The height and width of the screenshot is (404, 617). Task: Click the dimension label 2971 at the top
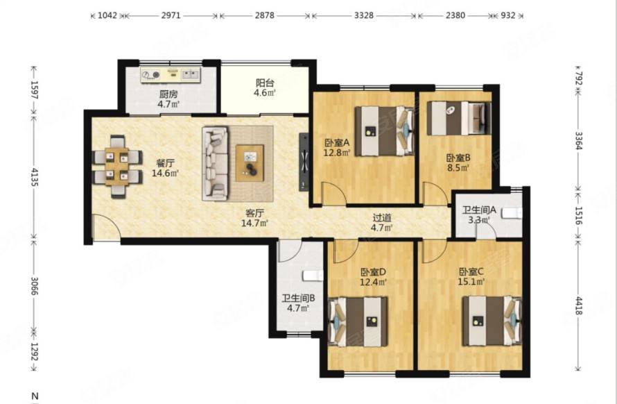(x=171, y=15)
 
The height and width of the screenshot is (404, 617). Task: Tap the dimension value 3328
(x=363, y=15)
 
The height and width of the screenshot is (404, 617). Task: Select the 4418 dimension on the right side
(x=578, y=305)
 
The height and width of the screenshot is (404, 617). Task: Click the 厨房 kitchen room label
(x=168, y=94)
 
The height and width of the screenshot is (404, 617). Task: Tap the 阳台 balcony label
(x=265, y=83)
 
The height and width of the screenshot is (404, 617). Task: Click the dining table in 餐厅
(x=117, y=167)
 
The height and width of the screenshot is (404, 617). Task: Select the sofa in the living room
(x=215, y=164)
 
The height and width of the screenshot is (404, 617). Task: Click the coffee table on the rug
(x=250, y=163)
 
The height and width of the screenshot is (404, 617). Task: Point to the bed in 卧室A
(x=385, y=131)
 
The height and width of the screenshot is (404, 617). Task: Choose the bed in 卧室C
(x=492, y=321)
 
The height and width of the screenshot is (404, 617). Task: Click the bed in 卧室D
(x=358, y=321)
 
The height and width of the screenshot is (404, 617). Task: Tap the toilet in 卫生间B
(x=313, y=276)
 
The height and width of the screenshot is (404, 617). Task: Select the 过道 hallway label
(x=382, y=217)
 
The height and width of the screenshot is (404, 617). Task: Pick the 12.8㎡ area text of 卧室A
(x=336, y=153)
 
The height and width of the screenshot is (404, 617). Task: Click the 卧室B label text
(x=458, y=158)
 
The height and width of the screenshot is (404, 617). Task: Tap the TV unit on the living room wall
(x=304, y=162)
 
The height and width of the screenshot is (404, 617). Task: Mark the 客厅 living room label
(x=254, y=213)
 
